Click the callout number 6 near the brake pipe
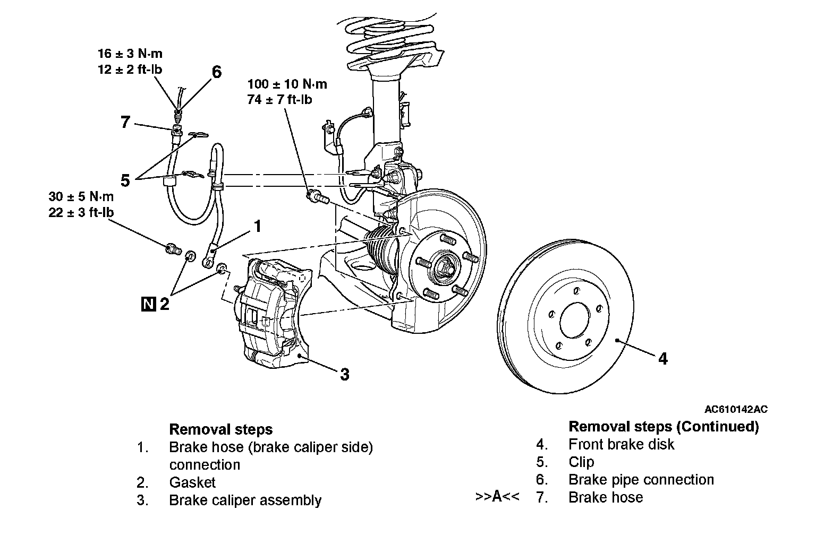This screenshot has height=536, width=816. point(216,72)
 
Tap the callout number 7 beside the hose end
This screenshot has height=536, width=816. point(125,122)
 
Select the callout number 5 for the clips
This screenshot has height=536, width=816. point(125,180)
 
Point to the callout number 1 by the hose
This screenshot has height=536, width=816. point(258,226)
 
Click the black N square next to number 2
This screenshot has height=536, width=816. point(148,304)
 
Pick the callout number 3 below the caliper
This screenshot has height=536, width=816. point(345,375)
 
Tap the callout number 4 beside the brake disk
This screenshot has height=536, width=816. point(663,359)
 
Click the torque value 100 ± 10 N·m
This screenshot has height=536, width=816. point(287,84)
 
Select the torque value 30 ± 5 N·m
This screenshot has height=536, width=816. point(81,196)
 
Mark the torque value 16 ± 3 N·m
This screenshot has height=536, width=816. point(130,54)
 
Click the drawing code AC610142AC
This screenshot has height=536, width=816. point(736,409)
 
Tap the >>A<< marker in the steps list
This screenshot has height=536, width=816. point(497,496)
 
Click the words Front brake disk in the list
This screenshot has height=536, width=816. point(621,444)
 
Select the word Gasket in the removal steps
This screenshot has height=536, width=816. point(192,482)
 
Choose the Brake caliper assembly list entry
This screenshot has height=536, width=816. point(245,500)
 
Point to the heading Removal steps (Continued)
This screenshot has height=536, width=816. point(664,427)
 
